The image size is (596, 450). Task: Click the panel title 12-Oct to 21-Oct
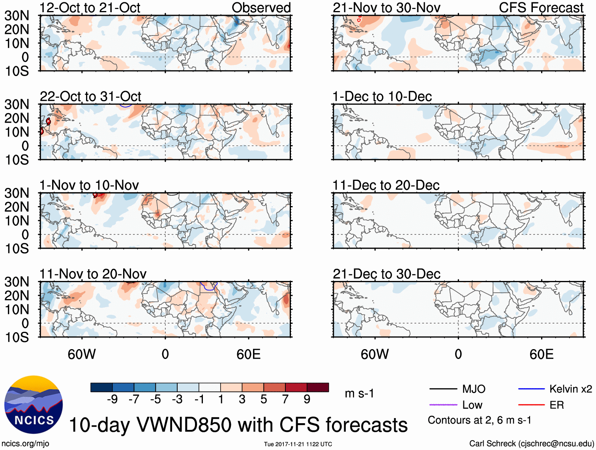(x=90, y=8)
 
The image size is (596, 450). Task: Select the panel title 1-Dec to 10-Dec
(x=382, y=97)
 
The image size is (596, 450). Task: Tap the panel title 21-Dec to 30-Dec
(x=386, y=274)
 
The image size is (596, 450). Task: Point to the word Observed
(x=261, y=8)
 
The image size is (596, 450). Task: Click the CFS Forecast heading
(x=541, y=8)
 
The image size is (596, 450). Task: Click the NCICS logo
(x=34, y=405)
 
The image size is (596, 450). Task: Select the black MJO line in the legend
(x=443, y=389)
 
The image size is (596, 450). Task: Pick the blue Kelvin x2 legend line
(x=531, y=389)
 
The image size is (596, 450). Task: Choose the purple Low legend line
(x=443, y=405)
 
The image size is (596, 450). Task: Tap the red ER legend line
(x=531, y=405)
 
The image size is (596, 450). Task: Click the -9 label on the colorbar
(x=112, y=400)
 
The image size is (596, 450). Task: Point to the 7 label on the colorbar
(x=285, y=400)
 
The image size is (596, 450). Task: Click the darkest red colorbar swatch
(x=318, y=387)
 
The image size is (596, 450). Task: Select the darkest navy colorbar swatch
(x=101, y=387)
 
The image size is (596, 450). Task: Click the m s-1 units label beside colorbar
(x=359, y=393)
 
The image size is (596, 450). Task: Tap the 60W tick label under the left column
(x=82, y=354)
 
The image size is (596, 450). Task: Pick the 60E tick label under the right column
(x=541, y=354)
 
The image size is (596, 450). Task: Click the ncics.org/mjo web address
(x=25, y=443)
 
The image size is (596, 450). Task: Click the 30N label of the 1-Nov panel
(x=17, y=193)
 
